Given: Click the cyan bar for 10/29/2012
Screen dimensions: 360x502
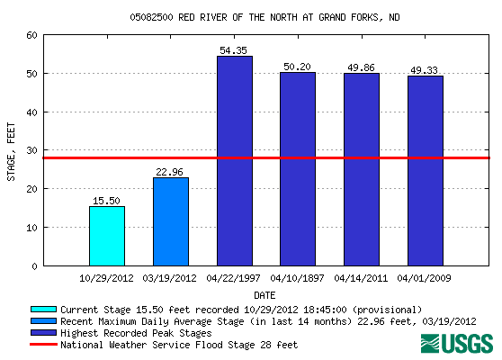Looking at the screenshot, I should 107,236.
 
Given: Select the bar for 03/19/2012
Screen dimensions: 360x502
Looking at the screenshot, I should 171,221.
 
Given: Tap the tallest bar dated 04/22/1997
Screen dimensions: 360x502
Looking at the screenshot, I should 234,161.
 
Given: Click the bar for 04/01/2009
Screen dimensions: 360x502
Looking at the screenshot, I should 426,171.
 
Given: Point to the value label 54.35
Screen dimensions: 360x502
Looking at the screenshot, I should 235,49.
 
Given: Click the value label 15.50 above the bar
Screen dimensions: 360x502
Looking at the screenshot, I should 107,201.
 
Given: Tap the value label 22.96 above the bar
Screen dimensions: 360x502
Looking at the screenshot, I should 171,172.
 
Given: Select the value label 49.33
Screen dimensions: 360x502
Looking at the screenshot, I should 426,70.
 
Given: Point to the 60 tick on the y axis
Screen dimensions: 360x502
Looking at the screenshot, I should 31,35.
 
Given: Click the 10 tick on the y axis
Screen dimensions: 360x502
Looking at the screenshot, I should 31,228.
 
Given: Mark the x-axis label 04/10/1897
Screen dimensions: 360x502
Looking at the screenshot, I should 298,278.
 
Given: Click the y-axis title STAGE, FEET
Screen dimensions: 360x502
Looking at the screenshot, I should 11,150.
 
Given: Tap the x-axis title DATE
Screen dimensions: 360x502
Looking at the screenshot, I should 264,294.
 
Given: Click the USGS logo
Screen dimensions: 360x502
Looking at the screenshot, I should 456,344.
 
